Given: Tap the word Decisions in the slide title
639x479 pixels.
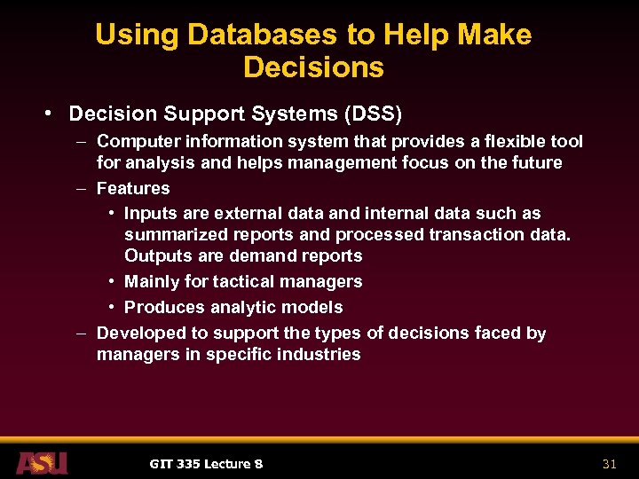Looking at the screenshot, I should [313, 67].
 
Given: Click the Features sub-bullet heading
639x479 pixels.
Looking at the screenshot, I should [133, 188].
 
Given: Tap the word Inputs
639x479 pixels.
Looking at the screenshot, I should [150, 214].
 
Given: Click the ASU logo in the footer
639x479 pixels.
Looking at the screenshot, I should [41, 462].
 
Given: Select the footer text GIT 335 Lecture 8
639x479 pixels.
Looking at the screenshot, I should [206, 463].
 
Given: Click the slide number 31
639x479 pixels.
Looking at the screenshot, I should [609, 463].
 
